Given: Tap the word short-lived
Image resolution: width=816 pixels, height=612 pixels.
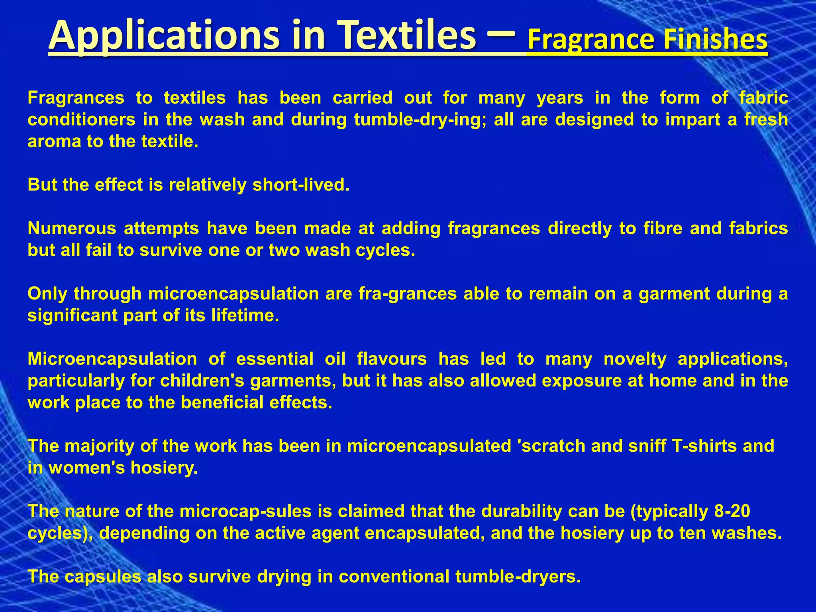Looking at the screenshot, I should [301, 185].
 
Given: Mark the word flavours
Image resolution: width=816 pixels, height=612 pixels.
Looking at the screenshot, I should [392, 359].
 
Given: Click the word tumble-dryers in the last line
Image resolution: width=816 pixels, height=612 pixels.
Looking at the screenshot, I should [518, 577].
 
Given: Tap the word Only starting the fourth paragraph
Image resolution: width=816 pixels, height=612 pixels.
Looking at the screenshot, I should [47, 294].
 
